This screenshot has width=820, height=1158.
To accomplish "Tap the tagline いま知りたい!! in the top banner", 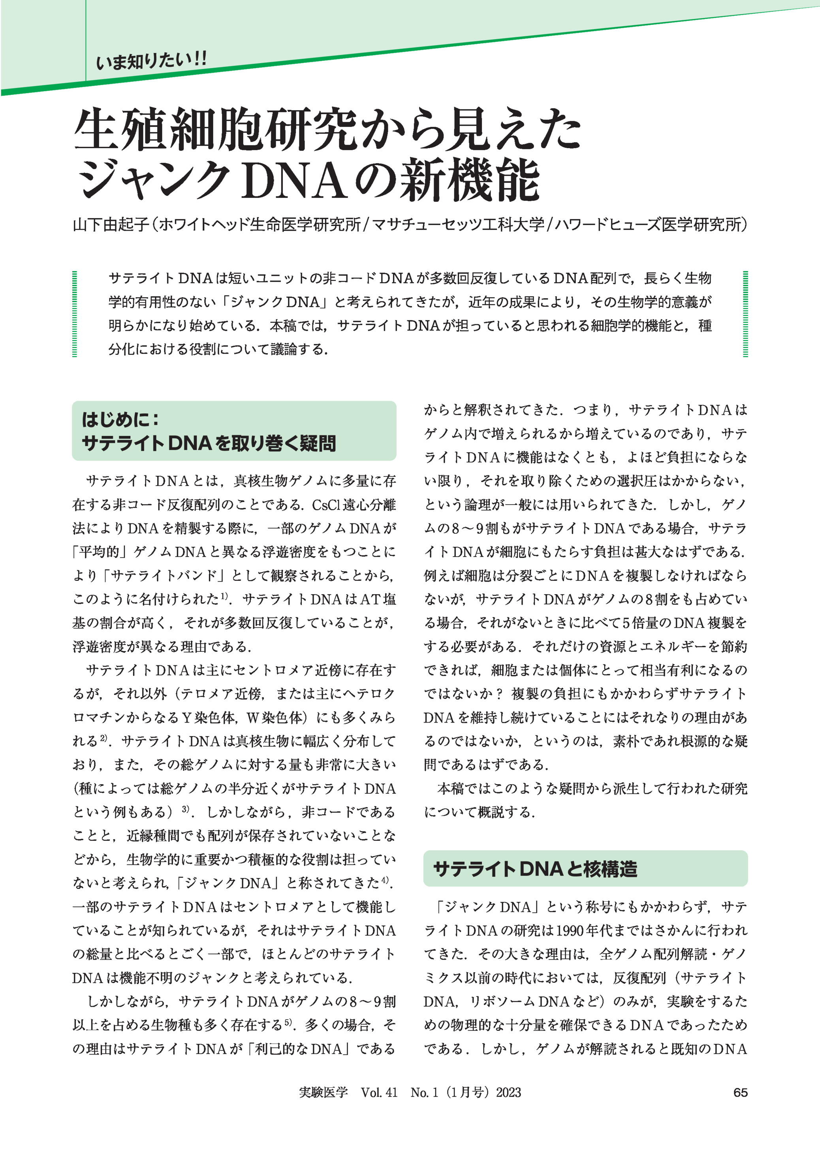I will click(x=151, y=62).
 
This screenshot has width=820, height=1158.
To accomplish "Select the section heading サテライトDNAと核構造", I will click(x=535, y=869).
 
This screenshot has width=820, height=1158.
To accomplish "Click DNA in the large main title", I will click(x=294, y=180).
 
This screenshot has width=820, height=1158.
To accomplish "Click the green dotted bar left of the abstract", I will click(x=75, y=314).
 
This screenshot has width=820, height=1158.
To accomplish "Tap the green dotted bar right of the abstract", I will click(x=745, y=314).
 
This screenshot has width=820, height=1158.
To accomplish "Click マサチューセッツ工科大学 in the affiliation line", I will click(x=458, y=224).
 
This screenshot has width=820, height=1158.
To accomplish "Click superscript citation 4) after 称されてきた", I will click(x=385, y=880).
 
